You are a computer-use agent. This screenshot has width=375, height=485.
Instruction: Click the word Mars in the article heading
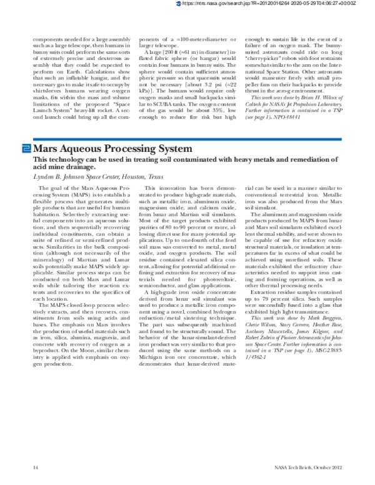coord(49,149)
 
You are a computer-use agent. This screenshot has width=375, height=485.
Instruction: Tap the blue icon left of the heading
coord(26,149)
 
